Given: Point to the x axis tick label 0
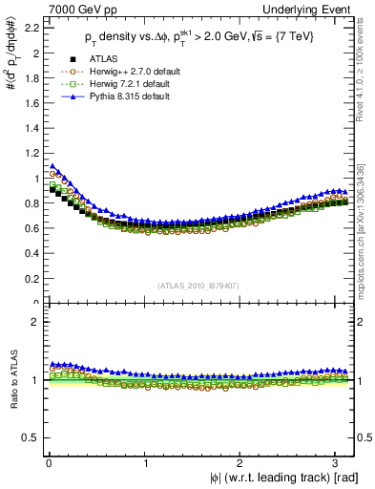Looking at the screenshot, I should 48,463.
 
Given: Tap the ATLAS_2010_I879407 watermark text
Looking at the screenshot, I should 199,286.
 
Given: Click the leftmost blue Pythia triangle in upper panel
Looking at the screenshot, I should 52,166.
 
